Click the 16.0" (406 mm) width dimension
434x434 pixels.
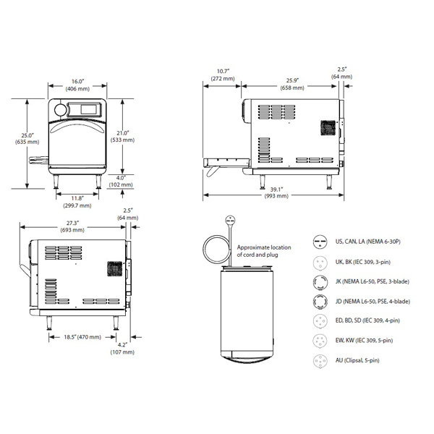tap(77, 85)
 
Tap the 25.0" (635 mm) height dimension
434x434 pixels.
tap(27, 139)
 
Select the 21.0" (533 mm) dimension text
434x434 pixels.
tap(123, 137)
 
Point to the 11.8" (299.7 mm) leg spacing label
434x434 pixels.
tap(77, 202)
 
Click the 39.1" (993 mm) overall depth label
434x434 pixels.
tap(276, 192)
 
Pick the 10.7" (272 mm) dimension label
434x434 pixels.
tap(223, 75)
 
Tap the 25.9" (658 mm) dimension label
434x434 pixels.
tap(292, 84)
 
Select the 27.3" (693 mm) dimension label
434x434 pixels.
tap(72, 226)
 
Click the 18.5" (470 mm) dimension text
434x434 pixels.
tap(82, 337)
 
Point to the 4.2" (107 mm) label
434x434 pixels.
tap(122, 349)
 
